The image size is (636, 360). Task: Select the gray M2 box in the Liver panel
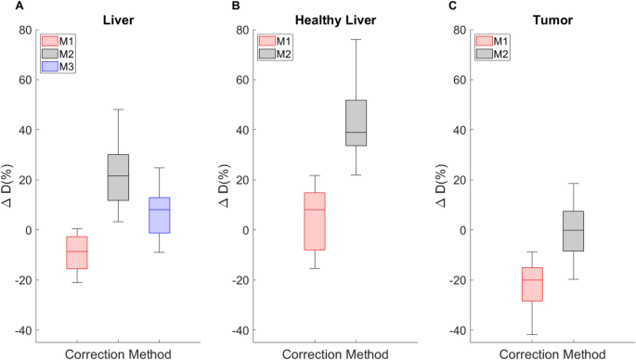[x=118, y=177]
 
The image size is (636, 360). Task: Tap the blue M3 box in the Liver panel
[x=160, y=215]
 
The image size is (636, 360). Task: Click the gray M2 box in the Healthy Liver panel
[x=357, y=122]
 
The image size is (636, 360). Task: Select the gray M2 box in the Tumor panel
[x=573, y=231]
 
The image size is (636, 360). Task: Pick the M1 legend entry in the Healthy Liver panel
[x=277, y=41]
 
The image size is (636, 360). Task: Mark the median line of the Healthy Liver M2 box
[x=357, y=133]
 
